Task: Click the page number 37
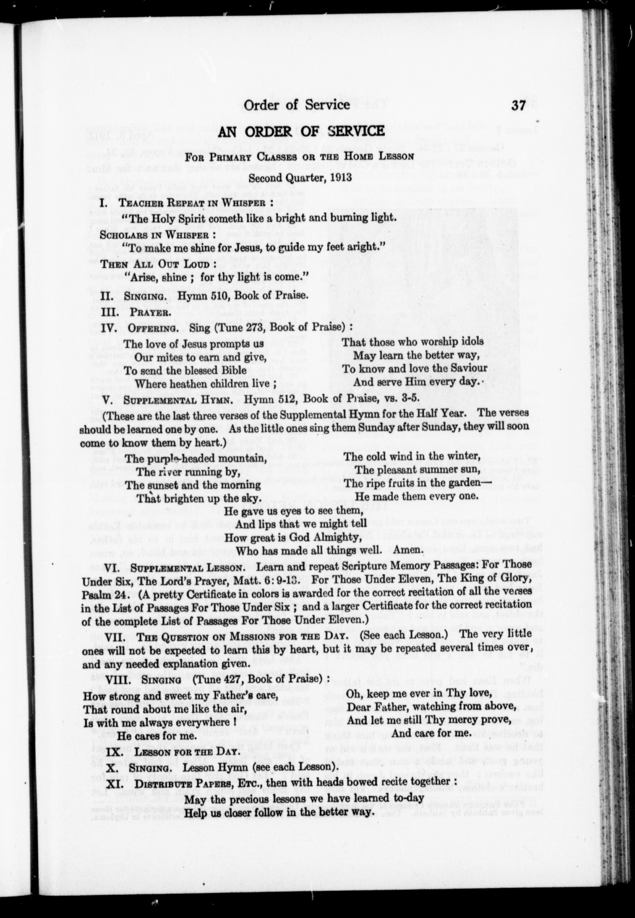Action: click(520, 105)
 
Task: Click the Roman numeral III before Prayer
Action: click(108, 312)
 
